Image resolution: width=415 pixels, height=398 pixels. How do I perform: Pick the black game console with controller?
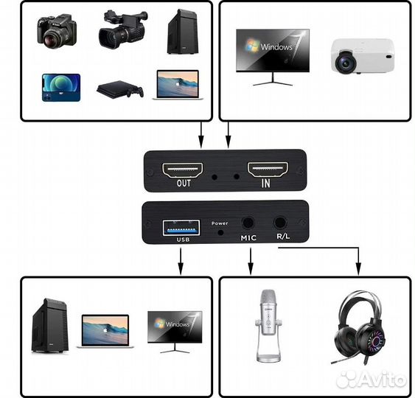coord(119,89)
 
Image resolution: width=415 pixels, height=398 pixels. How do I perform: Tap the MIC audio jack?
coord(248,223)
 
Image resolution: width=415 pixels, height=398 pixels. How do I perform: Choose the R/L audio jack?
coord(281,223)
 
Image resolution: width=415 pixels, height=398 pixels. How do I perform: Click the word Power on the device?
coord(220,223)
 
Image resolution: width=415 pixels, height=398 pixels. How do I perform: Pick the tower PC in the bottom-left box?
coord(52,325)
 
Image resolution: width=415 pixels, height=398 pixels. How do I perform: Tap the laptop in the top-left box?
coord(177,85)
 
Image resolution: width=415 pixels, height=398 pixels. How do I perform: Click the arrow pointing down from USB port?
coord(181,259)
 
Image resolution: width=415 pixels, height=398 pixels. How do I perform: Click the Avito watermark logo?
coord(372,380)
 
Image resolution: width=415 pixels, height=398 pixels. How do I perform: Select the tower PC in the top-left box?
coord(181,31)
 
